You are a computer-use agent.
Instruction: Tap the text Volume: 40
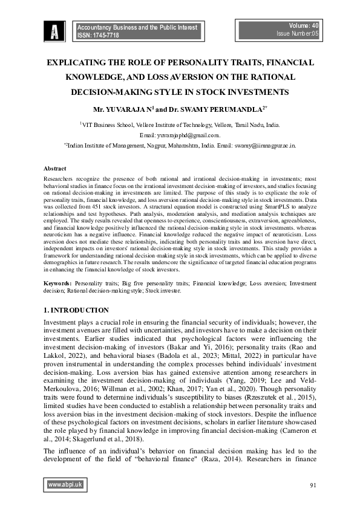[x=305, y=26]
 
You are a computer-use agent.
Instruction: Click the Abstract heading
[x=55, y=168]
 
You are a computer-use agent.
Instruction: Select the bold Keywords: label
[x=57, y=283]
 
